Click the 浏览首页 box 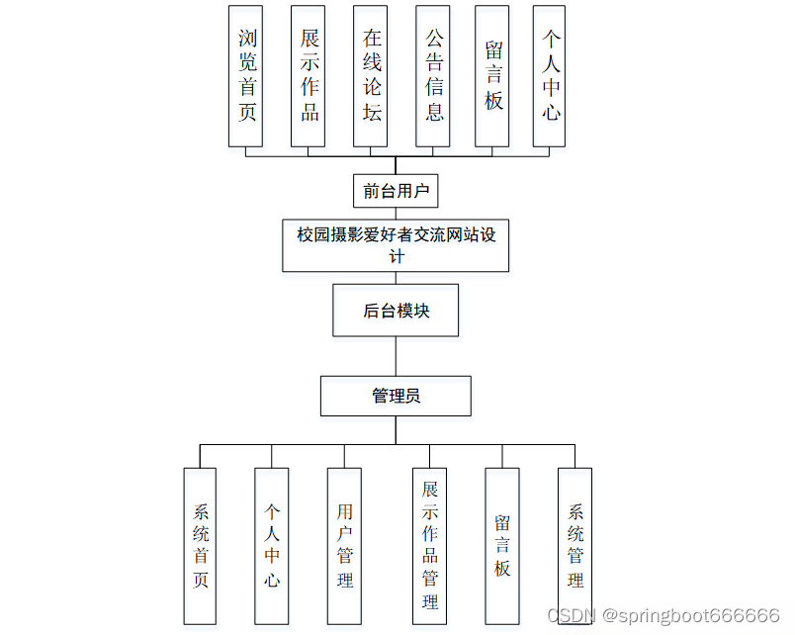[x=247, y=76]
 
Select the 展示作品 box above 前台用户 [x=309, y=76]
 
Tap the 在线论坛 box [x=372, y=76]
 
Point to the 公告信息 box [x=434, y=76]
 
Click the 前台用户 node [x=396, y=191]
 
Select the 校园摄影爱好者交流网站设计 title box [x=396, y=245]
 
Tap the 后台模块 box [x=396, y=312]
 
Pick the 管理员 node [x=396, y=396]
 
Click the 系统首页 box [x=200, y=546]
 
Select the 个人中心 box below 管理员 [x=272, y=546]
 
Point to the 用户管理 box [x=344, y=546]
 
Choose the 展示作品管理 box [x=430, y=546]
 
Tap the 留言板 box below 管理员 [x=502, y=546]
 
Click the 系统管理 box [x=574, y=546]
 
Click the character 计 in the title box [x=396, y=257]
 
